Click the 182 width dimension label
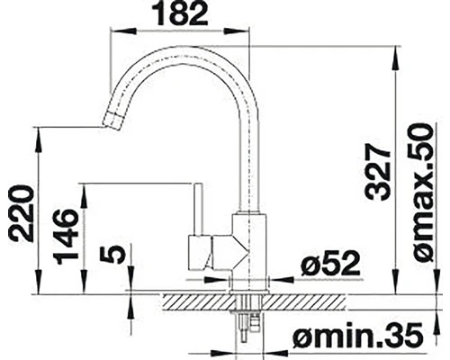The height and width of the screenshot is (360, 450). [x=182, y=13]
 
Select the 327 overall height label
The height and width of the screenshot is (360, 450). [x=378, y=174]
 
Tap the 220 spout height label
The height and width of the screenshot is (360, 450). [x=22, y=213]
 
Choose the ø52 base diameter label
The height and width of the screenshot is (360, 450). [x=330, y=264]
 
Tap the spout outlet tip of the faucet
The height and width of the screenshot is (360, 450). [x=112, y=121]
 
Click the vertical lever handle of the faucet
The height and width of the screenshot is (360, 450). [x=197, y=209]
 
